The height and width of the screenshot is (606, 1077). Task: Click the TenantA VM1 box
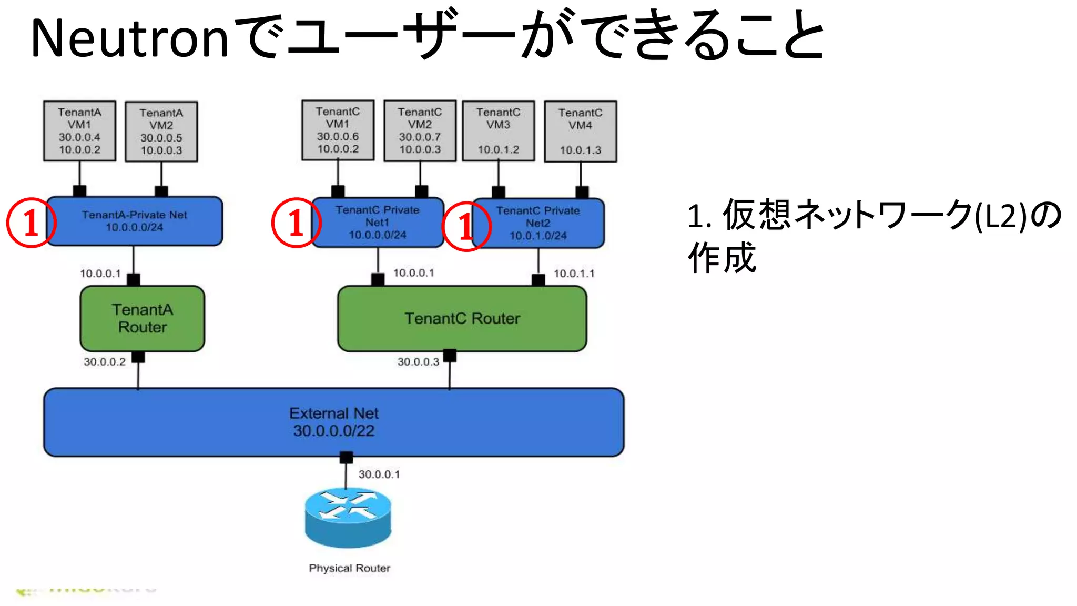click(79, 131)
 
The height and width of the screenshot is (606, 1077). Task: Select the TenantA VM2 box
click(161, 132)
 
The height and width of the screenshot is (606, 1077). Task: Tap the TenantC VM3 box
click(499, 131)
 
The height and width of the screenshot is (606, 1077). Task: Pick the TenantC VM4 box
click(581, 132)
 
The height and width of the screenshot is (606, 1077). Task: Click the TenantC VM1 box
click(338, 130)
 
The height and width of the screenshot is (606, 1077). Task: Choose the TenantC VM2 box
click(420, 131)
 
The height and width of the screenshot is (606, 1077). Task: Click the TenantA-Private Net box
click(135, 221)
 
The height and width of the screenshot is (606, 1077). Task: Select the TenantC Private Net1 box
click(378, 222)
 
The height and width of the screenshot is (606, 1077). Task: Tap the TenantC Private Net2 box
click(538, 223)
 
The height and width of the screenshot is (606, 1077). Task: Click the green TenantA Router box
click(143, 318)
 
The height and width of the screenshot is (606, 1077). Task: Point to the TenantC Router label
click(462, 318)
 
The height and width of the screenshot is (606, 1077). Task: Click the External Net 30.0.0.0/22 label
click(334, 422)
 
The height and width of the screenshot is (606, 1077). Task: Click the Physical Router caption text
click(350, 568)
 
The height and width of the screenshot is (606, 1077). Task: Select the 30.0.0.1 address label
click(379, 474)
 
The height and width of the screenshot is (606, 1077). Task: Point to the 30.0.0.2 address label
click(105, 362)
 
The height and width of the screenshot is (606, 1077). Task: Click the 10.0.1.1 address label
click(574, 274)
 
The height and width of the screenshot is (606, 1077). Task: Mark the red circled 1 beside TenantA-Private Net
click(31, 223)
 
